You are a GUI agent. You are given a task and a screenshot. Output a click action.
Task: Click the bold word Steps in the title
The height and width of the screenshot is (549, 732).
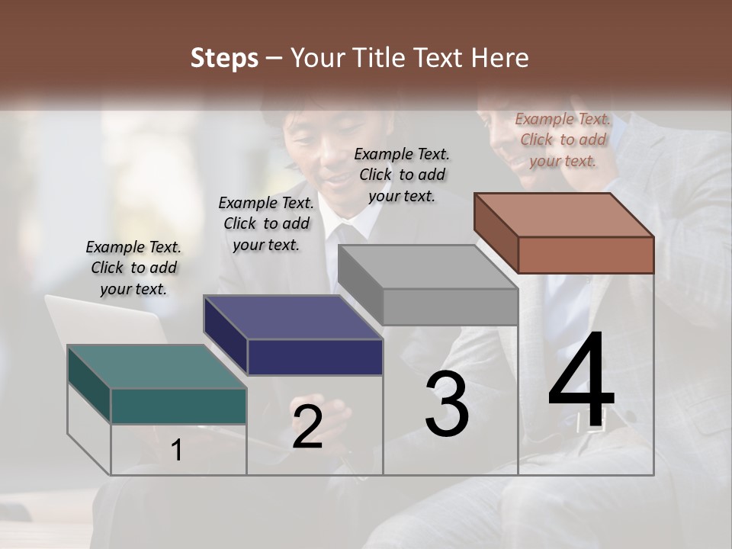pos(224,58)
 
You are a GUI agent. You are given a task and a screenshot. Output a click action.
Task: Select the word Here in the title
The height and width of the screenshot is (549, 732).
pos(500,58)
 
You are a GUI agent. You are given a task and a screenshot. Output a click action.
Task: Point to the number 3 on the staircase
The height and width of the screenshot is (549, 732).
pos(447,404)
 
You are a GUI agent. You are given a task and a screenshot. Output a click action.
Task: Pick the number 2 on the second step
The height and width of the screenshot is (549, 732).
pos(307,427)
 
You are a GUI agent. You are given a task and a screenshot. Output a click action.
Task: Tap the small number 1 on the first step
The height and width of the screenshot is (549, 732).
pos(177,451)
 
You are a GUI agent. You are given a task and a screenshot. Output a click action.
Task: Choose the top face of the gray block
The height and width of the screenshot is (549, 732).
pos(427,267)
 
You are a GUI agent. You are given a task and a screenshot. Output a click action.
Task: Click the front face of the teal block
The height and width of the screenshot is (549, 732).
pos(178,406)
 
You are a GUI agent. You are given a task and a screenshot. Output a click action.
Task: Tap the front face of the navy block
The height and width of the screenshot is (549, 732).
pos(315,357)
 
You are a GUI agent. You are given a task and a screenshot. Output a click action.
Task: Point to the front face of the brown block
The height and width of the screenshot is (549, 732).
pos(586,255)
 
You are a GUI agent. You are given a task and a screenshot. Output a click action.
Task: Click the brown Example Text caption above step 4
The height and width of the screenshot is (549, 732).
pos(563,140)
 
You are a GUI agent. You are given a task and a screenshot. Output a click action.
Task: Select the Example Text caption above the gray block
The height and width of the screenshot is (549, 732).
pos(402,175)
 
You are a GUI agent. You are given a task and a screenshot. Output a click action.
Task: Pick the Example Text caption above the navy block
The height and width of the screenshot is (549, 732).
pos(266,223)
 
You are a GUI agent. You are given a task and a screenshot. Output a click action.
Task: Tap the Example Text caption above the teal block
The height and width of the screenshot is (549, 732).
pos(133,268)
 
